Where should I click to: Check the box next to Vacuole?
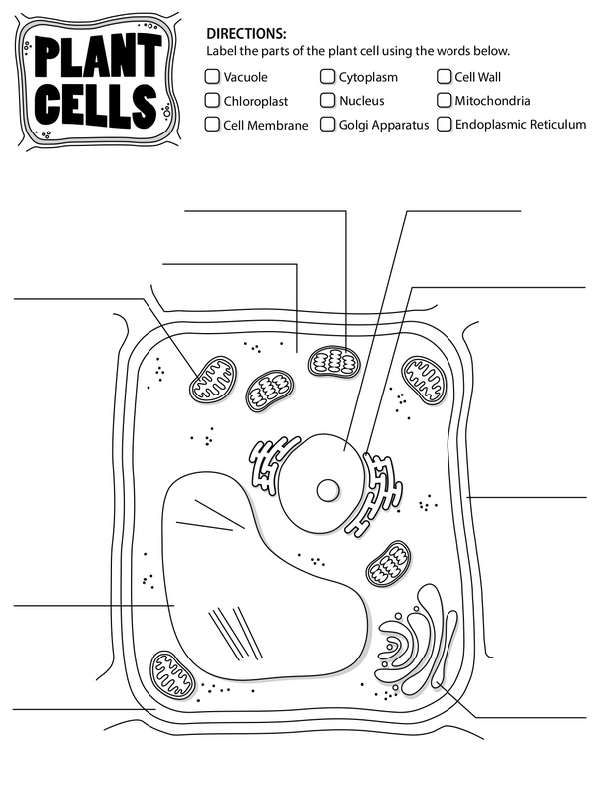pyautogui.click(x=212, y=77)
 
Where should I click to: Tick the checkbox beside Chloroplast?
pyautogui.click(x=212, y=100)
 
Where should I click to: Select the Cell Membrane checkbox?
pyautogui.click(x=212, y=124)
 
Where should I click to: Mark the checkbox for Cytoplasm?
pyautogui.click(x=327, y=77)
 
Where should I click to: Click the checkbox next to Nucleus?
pyautogui.click(x=327, y=100)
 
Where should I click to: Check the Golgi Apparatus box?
pyautogui.click(x=327, y=124)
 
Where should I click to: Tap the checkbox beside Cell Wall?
pyautogui.click(x=444, y=77)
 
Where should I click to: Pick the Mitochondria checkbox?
pyautogui.click(x=444, y=100)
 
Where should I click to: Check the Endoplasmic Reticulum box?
pyautogui.click(x=444, y=124)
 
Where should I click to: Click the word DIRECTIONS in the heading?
pyautogui.click(x=246, y=34)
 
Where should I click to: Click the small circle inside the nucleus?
pyautogui.click(x=328, y=490)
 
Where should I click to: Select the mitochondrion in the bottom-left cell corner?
pyautogui.click(x=173, y=675)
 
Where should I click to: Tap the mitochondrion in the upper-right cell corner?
pyautogui.click(x=425, y=381)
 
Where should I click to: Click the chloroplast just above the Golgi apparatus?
pyautogui.click(x=388, y=564)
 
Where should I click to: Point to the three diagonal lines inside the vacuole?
pyautogui.click(x=236, y=634)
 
